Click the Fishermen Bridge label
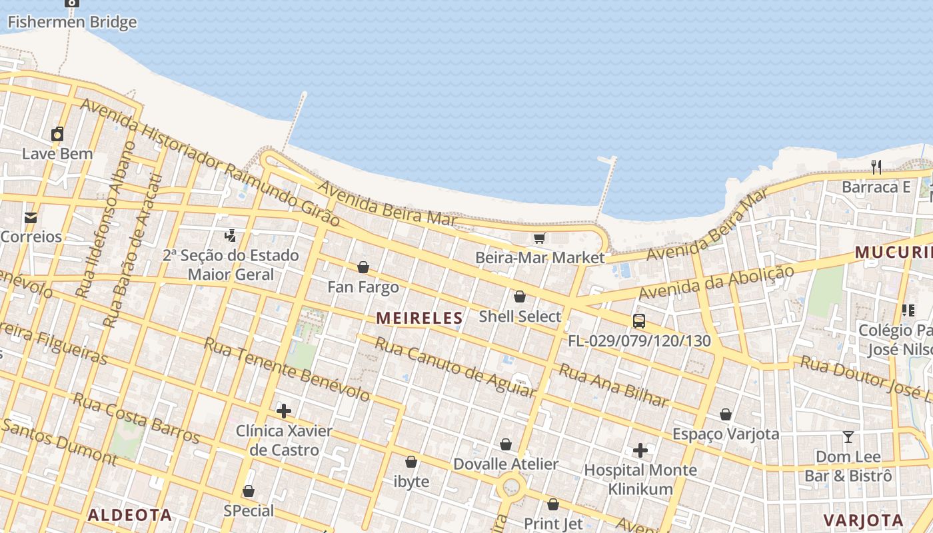click(72, 22)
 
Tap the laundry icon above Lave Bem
click(57, 134)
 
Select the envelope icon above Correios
click(31, 217)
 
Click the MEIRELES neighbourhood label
click(419, 318)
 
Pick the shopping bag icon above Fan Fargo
click(363, 267)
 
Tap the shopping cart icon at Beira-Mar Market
click(540, 238)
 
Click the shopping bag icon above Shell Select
click(520, 296)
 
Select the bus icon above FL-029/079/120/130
click(639, 321)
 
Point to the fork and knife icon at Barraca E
click(876, 167)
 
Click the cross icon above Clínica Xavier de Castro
click(284, 410)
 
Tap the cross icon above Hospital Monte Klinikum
click(640, 450)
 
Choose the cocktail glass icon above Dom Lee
click(848, 437)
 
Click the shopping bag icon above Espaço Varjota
click(726, 414)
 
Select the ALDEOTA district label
click(130, 515)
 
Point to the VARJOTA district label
click(863, 520)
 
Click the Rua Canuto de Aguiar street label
click(455, 367)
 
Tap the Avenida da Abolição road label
click(716, 282)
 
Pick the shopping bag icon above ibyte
click(411, 462)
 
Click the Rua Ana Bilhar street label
click(613, 386)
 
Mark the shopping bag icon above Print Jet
click(553, 504)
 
